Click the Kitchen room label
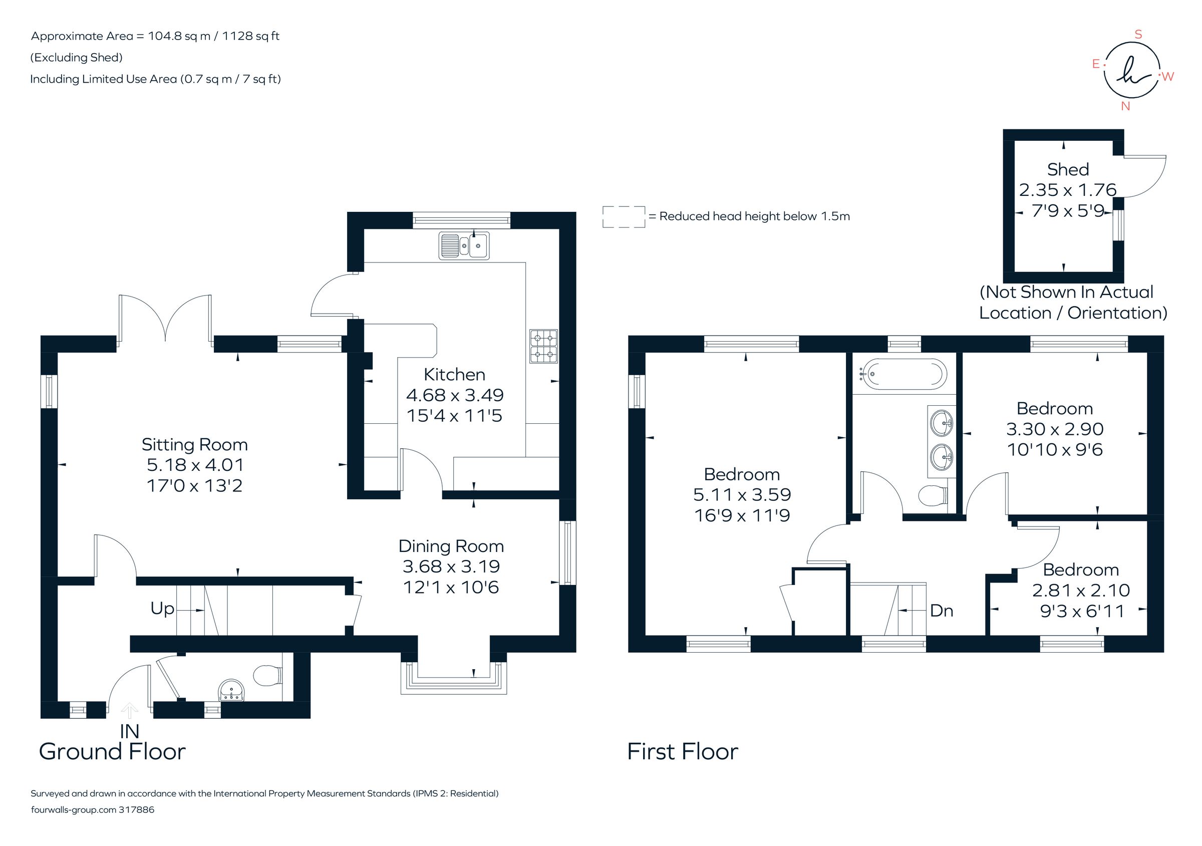coord(454,375)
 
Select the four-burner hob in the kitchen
coord(543,346)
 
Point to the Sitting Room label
coord(194,445)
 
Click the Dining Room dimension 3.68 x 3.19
coord(451,567)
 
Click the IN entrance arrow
coord(129,711)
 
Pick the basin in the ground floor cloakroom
coord(231,691)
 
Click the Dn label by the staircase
coord(941,611)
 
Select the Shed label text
coord(1067,170)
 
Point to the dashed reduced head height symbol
coord(623,217)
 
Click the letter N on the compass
coord(1125,106)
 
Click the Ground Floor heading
coord(112,752)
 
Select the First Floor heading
coord(682,752)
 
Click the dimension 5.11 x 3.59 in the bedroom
coord(741,495)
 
